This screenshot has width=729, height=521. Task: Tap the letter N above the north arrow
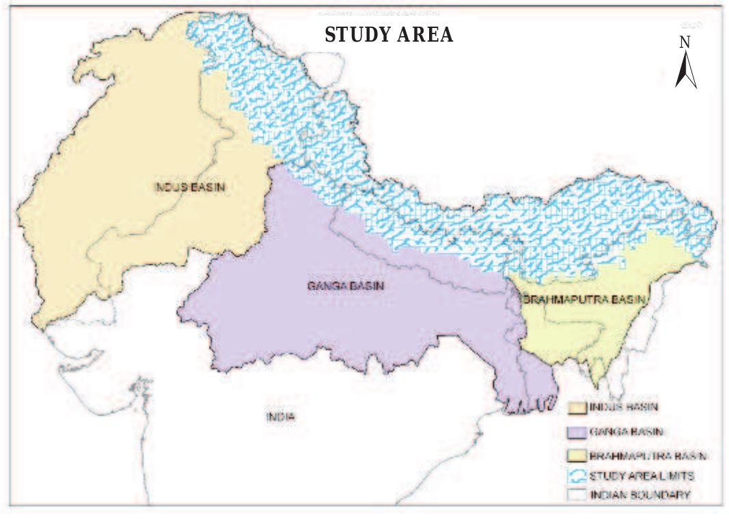tap(685, 42)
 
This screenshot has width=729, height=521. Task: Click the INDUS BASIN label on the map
tap(189, 186)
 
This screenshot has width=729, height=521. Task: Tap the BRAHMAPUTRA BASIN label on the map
tap(583, 299)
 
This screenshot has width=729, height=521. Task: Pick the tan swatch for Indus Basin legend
tap(577, 408)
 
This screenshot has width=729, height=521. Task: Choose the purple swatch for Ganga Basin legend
tap(577, 432)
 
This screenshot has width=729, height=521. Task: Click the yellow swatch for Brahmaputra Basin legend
tap(577, 454)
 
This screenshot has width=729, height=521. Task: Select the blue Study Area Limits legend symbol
tap(577, 475)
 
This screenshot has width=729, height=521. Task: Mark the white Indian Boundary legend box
tap(577, 495)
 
